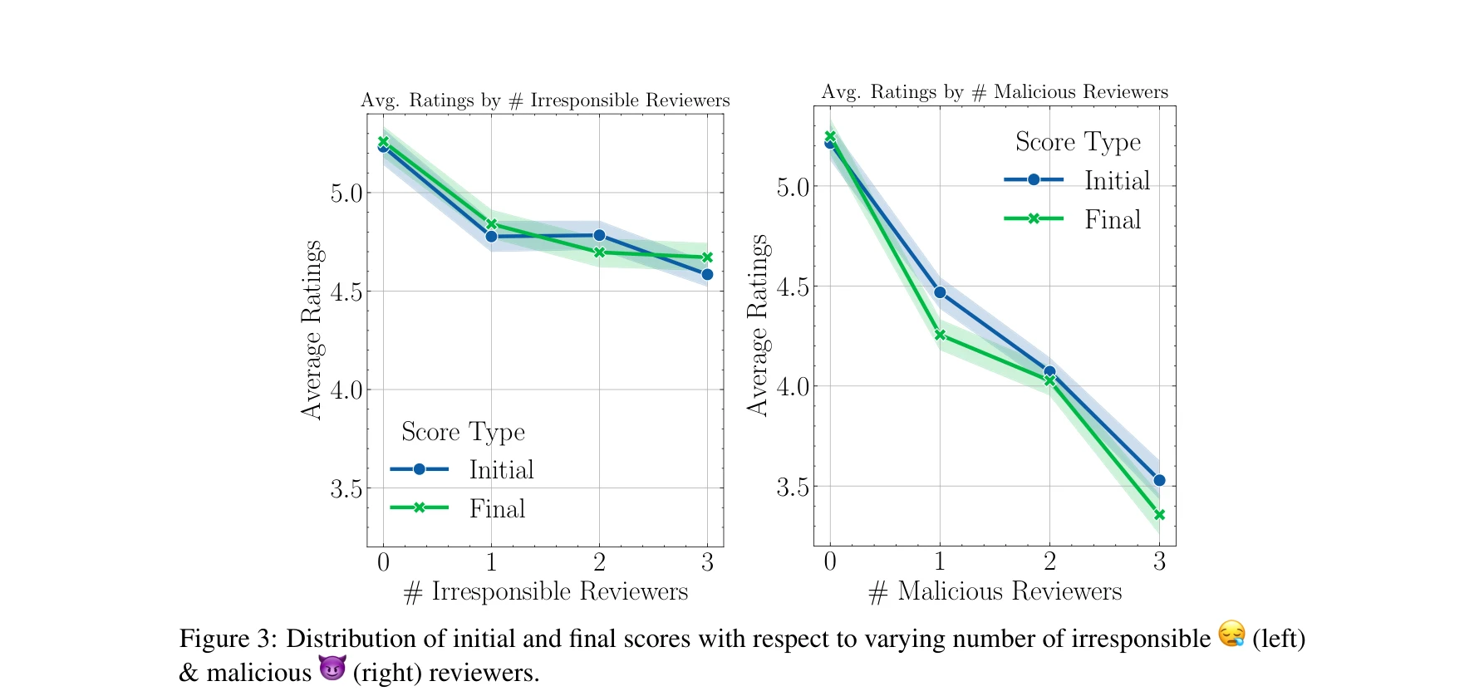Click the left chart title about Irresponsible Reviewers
tap(545, 100)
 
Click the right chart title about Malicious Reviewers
tap(995, 92)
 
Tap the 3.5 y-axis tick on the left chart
tap(346, 488)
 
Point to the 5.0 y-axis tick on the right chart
tap(793, 188)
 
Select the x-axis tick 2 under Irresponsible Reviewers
tap(599, 563)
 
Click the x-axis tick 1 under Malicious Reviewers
tap(940, 562)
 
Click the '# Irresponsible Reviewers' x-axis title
tap(546, 592)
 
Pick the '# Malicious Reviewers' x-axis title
tap(995, 592)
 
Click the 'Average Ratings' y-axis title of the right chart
tap(757, 325)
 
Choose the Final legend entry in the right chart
tap(1075, 219)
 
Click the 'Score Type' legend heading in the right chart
tap(1078, 142)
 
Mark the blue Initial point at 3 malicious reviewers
tap(1159, 480)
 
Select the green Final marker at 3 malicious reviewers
tap(1159, 515)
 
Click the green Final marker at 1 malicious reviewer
tap(940, 335)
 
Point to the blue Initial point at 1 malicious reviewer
tap(940, 292)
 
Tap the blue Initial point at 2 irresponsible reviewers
tap(599, 235)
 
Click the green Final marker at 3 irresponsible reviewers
tap(707, 257)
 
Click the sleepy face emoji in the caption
tap(1231, 635)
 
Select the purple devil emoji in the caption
tap(332, 668)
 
